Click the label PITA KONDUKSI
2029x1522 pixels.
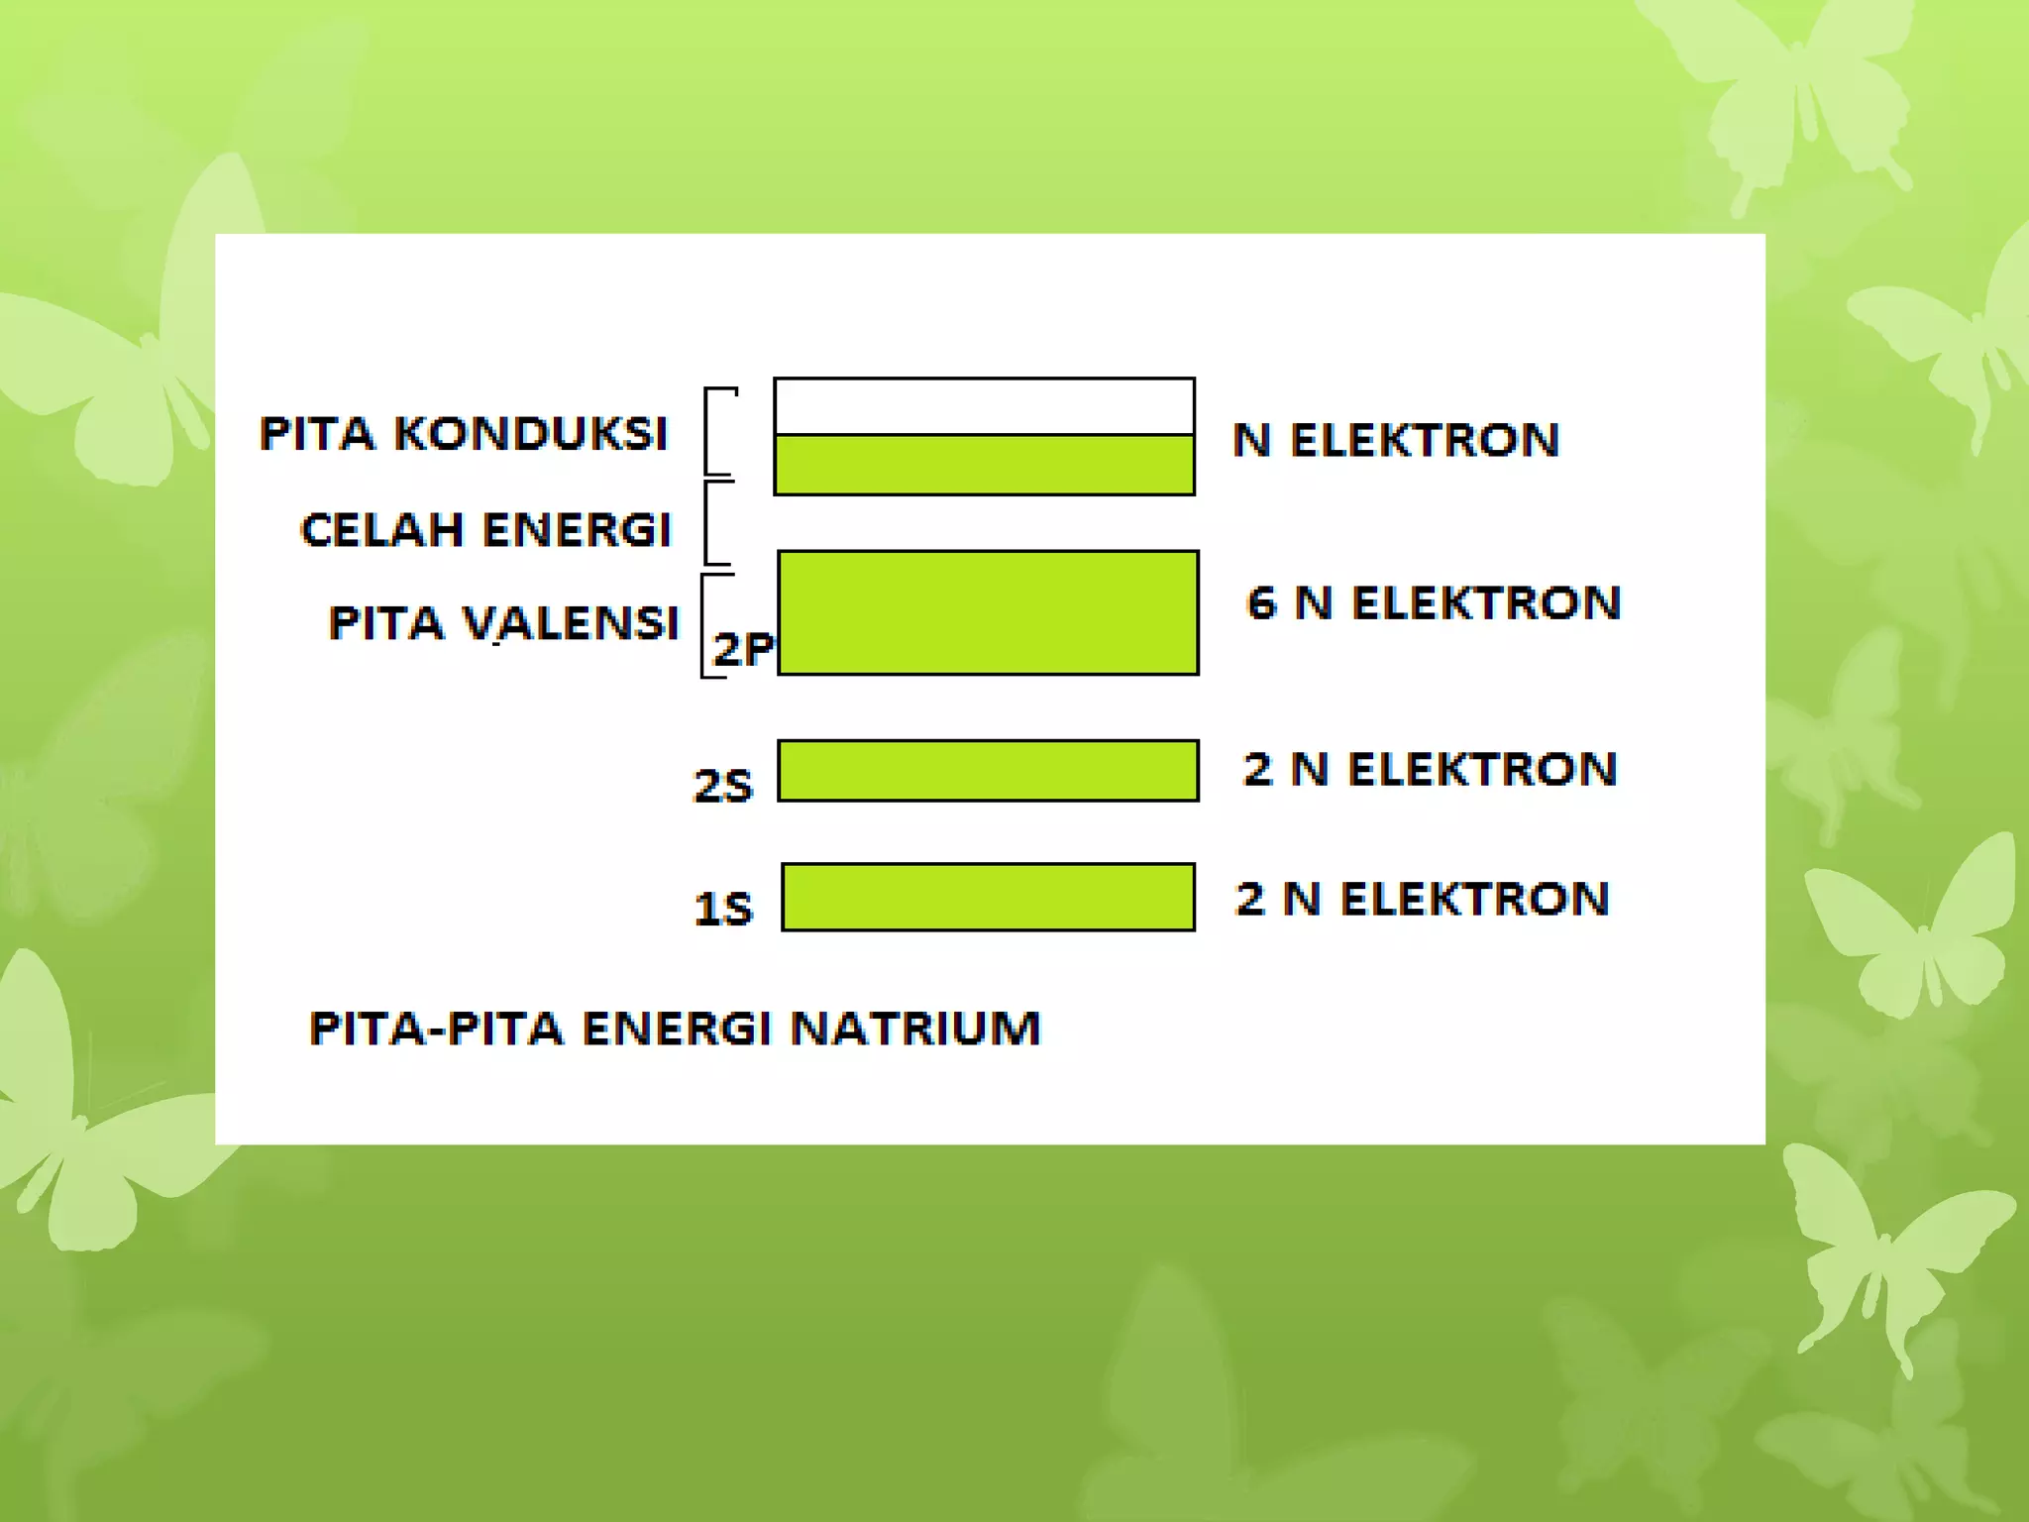point(464,434)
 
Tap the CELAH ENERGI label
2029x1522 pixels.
point(485,529)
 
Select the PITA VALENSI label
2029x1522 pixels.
point(503,623)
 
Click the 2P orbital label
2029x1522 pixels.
point(742,649)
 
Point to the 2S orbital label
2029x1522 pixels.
point(722,786)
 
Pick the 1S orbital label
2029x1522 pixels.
point(722,909)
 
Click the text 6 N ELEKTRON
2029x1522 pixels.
point(1434,602)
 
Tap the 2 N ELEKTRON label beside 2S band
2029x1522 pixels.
point(1430,769)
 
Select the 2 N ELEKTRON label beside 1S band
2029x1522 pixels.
point(1422,899)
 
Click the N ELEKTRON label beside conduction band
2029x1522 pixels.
point(1396,440)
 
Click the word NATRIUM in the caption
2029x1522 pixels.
point(915,1028)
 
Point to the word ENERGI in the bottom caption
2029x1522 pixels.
point(677,1028)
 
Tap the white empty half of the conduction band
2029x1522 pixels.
point(984,406)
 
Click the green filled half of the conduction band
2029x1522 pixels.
point(984,464)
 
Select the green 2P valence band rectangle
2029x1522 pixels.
point(988,612)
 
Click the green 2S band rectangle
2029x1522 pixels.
point(988,770)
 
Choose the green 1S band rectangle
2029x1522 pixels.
point(988,897)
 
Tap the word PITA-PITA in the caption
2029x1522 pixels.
point(436,1028)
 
